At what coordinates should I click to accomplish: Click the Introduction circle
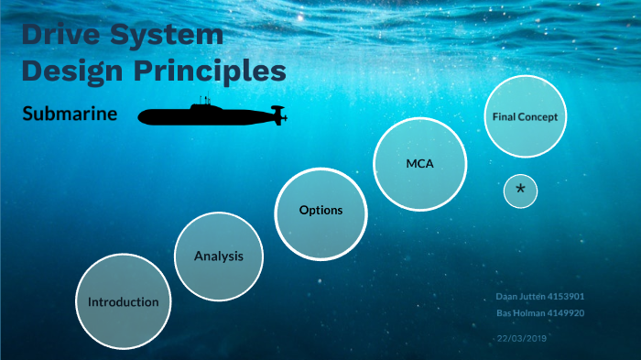pyautogui.click(x=123, y=301)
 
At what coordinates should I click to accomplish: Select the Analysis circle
pyautogui.click(x=219, y=256)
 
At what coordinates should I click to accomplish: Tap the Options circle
pyautogui.click(x=320, y=211)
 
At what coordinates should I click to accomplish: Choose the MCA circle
pyautogui.click(x=419, y=164)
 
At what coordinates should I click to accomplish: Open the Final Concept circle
pyautogui.click(x=525, y=116)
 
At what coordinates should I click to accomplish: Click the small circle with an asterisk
pyautogui.click(x=520, y=190)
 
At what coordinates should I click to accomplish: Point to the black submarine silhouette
pyautogui.click(x=211, y=115)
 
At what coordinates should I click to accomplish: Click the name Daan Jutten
pyautogui.click(x=518, y=297)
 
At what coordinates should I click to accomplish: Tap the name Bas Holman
pyautogui.click(x=519, y=312)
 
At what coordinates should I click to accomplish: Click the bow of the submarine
pyautogui.click(x=143, y=116)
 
